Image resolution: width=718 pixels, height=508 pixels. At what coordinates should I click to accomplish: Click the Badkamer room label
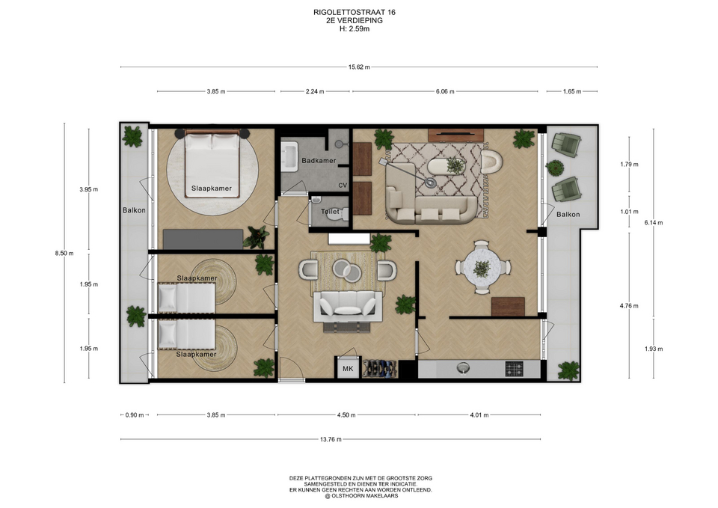[x=319, y=161]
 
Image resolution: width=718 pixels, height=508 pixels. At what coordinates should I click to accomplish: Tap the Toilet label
[x=330, y=212]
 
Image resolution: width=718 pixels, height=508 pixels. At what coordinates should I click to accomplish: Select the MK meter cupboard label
[x=348, y=368]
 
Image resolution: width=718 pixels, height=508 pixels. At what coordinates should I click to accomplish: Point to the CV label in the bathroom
[x=343, y=186]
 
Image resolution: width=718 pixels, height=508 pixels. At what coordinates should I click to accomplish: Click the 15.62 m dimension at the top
[x=359, y=67]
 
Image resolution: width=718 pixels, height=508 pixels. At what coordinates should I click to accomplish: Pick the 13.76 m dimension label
[x=331, y=439]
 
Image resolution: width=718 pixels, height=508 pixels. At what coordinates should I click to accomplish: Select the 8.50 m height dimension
[x=64, y=254]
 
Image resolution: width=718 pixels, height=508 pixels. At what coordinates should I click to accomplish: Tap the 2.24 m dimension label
[x=315, y=91]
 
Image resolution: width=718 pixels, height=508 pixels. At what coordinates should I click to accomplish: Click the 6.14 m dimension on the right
[x=654, y=223]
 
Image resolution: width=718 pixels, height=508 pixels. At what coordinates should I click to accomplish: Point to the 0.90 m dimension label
[x=135, y=415]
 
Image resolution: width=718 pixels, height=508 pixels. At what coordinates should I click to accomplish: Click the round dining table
[x=482, y=267]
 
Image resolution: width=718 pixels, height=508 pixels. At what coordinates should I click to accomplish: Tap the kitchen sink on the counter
[x=464, y=368]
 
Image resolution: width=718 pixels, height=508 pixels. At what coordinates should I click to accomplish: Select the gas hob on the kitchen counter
[x=515, y=369]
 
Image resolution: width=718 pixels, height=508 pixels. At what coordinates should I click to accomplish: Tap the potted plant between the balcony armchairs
[x=554, y=168]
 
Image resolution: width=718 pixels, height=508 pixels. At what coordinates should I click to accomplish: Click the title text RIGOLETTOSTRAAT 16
[x=355, y=13]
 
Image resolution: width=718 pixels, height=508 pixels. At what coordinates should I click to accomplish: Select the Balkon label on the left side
[x=134, y=210]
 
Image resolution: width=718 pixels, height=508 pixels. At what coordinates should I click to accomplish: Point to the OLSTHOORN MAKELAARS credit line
[x=361, y=495]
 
